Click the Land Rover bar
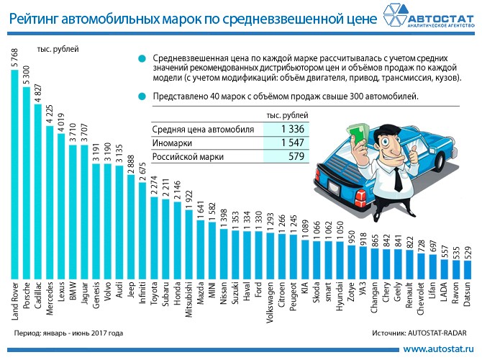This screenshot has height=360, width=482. [15, 173]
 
